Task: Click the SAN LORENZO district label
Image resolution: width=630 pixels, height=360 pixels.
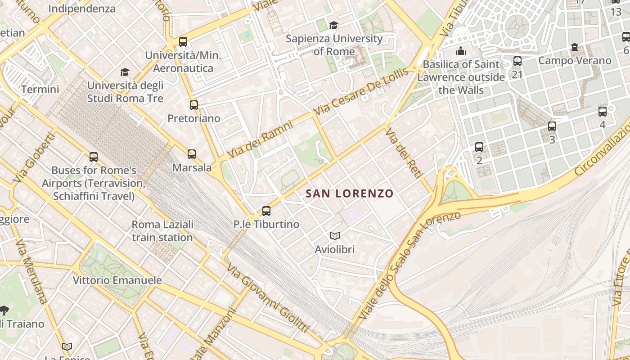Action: [x=350, y=193]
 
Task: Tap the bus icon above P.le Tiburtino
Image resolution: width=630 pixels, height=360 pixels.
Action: [x=266, y=211]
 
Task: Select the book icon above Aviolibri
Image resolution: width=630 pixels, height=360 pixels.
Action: [x=335, y=236]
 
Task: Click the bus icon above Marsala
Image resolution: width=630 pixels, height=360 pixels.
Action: [x=192, y=154]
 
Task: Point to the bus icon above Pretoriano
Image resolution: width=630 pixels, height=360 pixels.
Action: [x=194, y=105]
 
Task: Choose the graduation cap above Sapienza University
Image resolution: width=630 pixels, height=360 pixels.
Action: [x=333, y=25]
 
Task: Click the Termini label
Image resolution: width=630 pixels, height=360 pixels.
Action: [x=40, y=89]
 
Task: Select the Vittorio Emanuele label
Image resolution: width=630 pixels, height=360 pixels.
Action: [x=117, y=280]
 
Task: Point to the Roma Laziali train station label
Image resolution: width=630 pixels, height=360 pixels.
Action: [x=162, y=231]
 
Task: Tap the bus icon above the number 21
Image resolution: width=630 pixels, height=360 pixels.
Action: [x=517, y=61]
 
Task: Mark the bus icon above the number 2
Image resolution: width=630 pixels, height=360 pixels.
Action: [x=479, y=147]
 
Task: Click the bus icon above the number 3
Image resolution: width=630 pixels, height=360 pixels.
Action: [x=552, y=126]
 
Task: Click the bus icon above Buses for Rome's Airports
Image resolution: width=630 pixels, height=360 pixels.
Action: [x=94, y=157]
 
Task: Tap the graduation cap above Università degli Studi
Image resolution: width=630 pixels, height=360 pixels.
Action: [x=125, y=72]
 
